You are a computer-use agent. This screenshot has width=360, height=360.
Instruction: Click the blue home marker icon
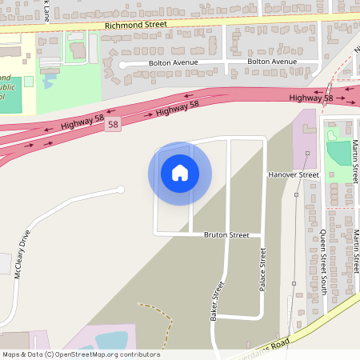click(x=180, y=173)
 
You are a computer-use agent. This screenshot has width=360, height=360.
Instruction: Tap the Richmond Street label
click(x=135, y=25)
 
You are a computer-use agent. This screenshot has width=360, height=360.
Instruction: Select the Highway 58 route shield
click(x=113, y=125)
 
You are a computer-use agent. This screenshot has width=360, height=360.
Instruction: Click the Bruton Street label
click(x=226, y=235)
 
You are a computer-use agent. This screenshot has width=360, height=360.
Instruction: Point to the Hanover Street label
click(x=294, y=174)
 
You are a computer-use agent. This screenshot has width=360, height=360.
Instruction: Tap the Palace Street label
click(x=262, y=270)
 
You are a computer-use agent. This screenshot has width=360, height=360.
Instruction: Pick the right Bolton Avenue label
click(x=272, y=62)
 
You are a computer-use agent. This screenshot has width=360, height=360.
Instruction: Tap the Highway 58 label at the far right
click(x=311, y=98)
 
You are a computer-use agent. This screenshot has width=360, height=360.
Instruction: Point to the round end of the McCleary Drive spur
click(x=121, y=190)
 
